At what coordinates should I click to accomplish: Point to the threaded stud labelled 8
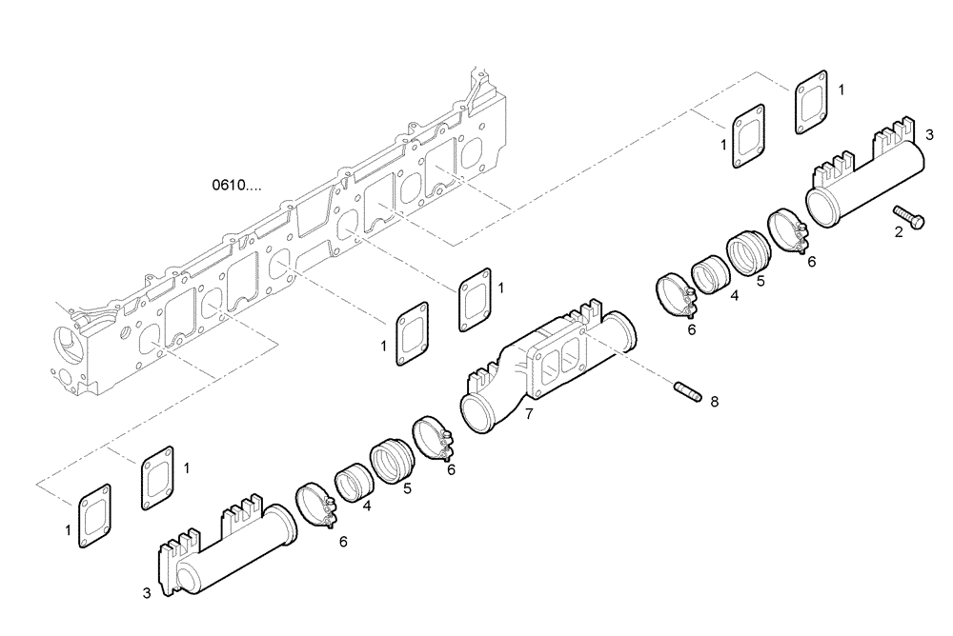(684, 390)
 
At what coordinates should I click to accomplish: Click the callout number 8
(715, 402)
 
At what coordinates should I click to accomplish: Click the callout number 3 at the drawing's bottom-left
(147, 593)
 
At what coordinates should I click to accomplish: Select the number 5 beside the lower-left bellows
(407, 489)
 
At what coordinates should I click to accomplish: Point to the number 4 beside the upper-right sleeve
(735, 296)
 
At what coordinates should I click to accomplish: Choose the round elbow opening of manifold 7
(479, 416)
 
